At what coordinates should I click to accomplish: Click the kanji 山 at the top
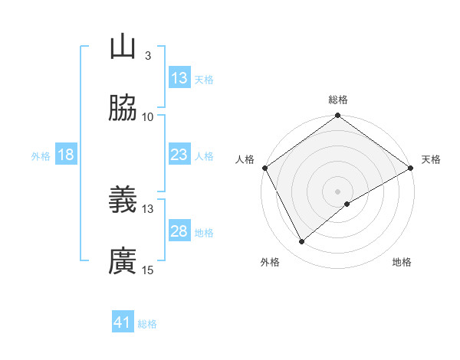(x=123, y=47)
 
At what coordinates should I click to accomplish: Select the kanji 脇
(x=123, y=109)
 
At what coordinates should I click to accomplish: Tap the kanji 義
(x=123, y=201)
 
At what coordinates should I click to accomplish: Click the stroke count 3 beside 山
(x=147, y=55)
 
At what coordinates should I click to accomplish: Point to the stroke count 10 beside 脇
(x=147, y=116)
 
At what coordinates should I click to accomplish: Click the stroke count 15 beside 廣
(x=147, y=270)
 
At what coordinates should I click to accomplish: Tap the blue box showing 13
(x=179, y=78)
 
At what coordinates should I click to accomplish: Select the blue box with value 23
(x=179, y=155)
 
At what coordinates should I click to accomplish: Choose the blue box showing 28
(x=179, y=231)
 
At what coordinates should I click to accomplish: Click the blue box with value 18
(x=66, y=155)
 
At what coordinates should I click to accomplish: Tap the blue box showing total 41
(x=123, y=322)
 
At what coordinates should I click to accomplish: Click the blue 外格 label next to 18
(x=41, y=155)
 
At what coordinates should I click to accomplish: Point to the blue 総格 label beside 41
(x=147, y=324)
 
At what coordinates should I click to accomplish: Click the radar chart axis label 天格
(x=432, y=159)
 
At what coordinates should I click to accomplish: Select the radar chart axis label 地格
(x=402, y=263)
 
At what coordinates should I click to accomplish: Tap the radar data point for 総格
(x=337, y=116)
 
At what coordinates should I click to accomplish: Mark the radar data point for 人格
(x=264, y=168)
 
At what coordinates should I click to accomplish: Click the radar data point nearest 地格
(x=347, y=204)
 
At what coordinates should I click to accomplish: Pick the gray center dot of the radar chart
(x=337, y=191)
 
